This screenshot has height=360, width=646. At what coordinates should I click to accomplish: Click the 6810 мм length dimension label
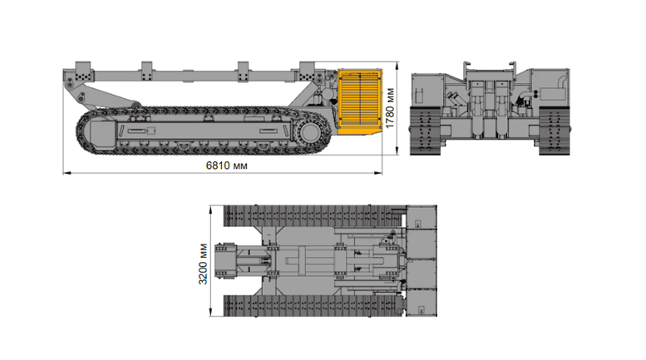pyautogui.click(x=227, y=165)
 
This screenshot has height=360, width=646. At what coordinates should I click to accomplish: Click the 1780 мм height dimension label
pyautogui.click(x=390, y=108)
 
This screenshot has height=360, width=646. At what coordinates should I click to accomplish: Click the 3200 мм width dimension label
pyautogui.click(x=203, y=264)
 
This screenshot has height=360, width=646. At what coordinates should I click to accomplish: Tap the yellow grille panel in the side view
pyautogui.click(x=360, y=101)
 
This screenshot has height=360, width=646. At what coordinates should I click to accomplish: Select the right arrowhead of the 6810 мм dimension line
pyautogui.click(x=377, y=173)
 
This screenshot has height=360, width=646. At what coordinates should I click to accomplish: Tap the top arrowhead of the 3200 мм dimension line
pyautogui.click(x=211, y=210)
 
